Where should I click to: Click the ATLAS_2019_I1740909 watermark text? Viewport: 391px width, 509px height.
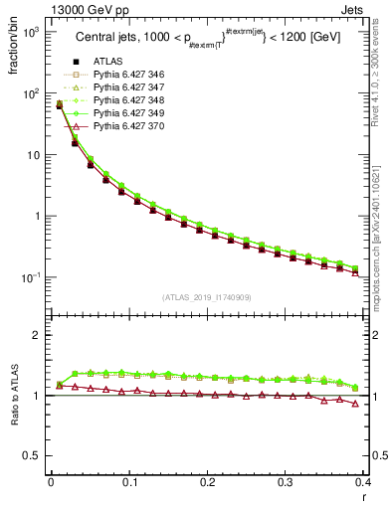click(207, 297)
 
